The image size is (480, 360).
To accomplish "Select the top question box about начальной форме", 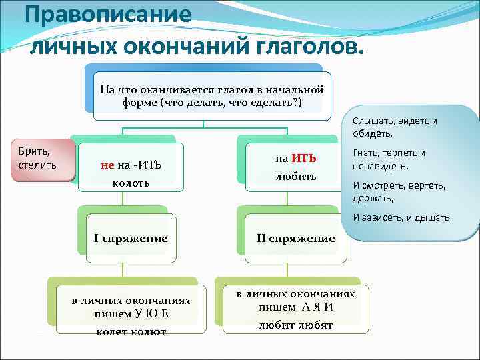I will pyautogui.click(x=211, y=96).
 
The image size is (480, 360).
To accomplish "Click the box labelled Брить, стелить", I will pyautogui.click(x=37, y=159).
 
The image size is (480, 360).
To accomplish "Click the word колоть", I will pyautogui.click(x=131, y=182).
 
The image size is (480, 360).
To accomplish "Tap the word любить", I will pyautogui.click(x=295, y=177).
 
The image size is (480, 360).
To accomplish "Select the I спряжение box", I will pyautogui.click(x=131, y=238).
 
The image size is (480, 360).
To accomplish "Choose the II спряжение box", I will pyautogui.click(x=295, y=238).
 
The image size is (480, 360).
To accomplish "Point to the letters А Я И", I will pyautogui.click(x=316, y=307).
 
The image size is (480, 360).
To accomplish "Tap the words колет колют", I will pyautogui.click(x=131, y=331).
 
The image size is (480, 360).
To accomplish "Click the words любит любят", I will pyautogui.click(x=295, y=325).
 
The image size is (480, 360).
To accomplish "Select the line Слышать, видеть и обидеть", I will pyautogui.click(x=395, y=127).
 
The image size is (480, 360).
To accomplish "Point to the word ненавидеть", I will pyautogui.click(x=379, y=166).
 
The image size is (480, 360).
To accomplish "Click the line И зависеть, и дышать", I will pyautogui.click(x=401, y=217).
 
